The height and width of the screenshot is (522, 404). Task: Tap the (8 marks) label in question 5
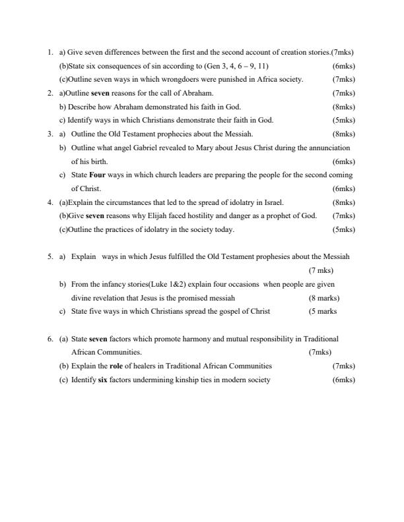coord(324,298)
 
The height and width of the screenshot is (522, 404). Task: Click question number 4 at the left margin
coord(50,202)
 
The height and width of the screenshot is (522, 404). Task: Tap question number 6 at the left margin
coord(50,339)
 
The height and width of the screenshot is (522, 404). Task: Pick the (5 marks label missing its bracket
coord(323,312)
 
